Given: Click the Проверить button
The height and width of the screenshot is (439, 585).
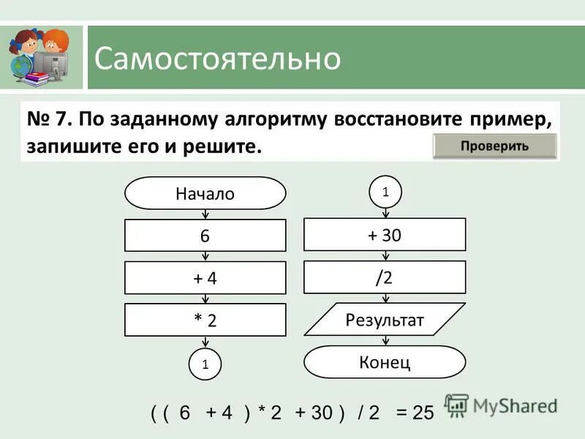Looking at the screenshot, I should [494, 146].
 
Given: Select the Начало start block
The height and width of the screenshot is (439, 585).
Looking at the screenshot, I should [205, 193].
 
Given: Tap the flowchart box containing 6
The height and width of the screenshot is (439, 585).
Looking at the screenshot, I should [205, 236].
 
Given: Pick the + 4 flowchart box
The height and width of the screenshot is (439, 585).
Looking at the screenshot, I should [205, 278].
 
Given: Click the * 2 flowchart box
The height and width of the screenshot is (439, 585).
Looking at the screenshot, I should [205, 320].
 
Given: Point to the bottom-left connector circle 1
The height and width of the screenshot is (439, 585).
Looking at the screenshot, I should [205, 364].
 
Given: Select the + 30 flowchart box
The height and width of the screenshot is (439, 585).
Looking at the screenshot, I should [385, 235].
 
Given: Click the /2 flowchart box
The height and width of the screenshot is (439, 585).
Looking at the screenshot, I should [385, 277].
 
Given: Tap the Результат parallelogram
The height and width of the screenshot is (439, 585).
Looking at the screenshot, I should [385, 320].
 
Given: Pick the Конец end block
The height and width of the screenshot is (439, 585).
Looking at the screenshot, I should [385, 361].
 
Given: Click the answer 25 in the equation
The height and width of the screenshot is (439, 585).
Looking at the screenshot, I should [423, 413].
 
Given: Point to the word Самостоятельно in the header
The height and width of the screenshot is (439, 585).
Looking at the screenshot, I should [217, 59].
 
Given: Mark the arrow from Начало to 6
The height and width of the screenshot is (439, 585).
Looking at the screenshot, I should [205, 214].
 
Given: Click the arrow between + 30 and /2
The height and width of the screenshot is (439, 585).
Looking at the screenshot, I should [385, 256].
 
